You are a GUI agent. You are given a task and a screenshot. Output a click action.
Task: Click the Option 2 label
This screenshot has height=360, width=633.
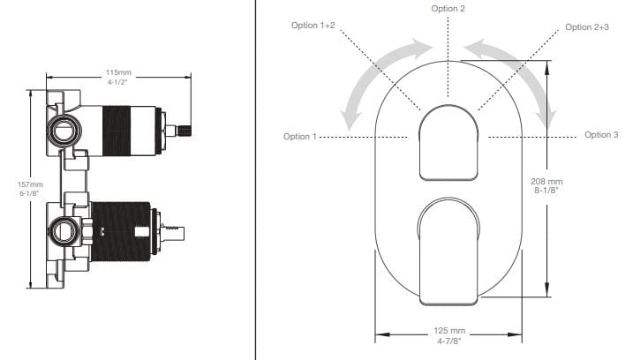point(448,9)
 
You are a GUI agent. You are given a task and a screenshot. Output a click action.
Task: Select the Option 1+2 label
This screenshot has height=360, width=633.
point(313,25)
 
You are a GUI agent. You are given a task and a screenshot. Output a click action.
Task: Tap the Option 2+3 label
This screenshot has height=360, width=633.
point(586,27)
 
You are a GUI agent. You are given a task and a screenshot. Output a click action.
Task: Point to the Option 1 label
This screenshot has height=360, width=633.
point(299,137)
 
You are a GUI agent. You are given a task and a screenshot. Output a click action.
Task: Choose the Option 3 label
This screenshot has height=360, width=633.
point(601,134)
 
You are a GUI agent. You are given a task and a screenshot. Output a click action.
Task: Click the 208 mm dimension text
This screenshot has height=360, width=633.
point(546,182)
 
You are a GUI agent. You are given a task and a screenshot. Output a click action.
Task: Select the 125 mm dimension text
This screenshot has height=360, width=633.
point(449,331)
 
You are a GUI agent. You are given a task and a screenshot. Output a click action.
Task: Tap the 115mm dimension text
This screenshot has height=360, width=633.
point(118,72)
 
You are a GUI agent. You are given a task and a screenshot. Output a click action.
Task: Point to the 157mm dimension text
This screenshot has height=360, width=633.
point(30,184)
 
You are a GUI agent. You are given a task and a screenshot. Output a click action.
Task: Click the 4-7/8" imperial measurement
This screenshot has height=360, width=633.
point(448,341)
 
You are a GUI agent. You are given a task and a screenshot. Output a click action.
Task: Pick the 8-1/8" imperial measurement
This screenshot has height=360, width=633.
point(546,190)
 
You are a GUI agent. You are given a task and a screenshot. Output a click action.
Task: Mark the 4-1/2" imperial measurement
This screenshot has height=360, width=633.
point(117,82)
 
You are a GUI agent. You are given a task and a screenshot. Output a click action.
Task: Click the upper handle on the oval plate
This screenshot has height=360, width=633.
point(448,142)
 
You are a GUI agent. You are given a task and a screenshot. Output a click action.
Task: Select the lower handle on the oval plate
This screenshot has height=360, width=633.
point(448,251)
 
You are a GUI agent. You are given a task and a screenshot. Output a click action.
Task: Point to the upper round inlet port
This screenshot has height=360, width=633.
point(64,130)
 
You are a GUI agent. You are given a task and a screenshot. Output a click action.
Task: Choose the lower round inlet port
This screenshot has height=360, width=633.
point(64,231)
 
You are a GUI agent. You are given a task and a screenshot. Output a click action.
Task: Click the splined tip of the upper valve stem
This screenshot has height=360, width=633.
point(185,131)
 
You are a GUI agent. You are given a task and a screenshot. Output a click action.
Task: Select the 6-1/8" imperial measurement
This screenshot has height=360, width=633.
point(29,193)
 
